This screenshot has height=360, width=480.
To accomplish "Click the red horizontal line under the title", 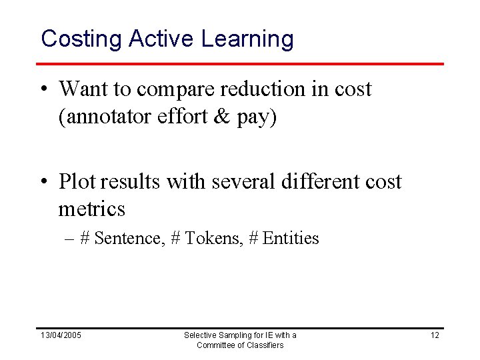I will pos(240,64).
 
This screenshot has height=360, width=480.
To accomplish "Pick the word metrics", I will pos(91,209).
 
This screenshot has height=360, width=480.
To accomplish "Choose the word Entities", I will pos(291,238).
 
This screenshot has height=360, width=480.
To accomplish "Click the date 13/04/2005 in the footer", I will pos(61,335).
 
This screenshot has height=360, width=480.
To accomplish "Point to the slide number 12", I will pos(435,335).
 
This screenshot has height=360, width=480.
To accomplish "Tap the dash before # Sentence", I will pos(69,239).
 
